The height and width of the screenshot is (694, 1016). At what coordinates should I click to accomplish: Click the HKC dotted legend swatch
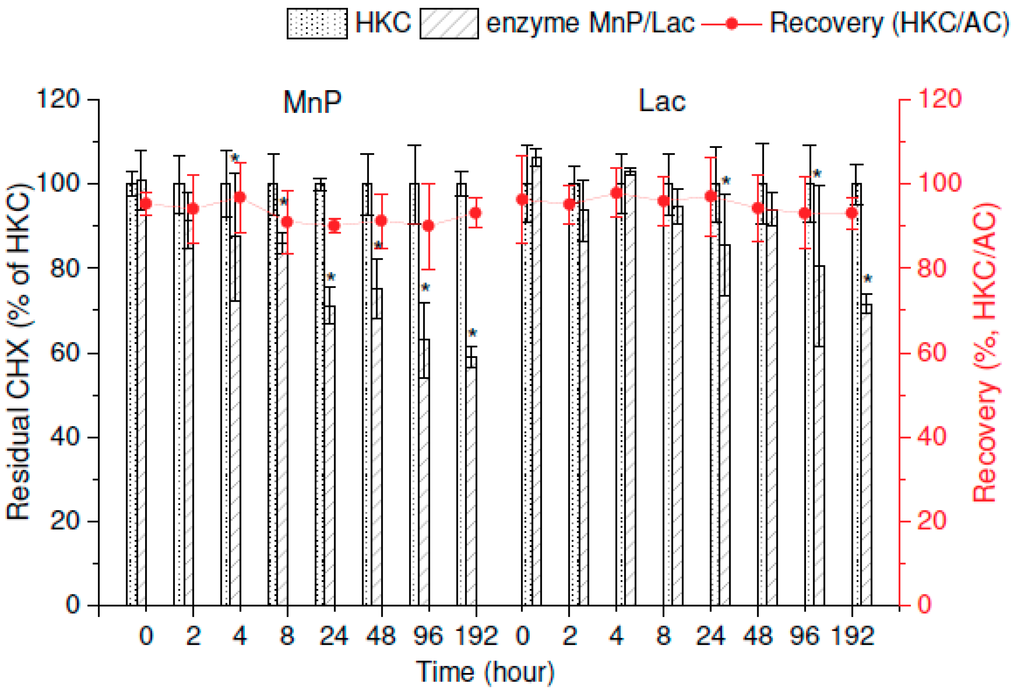(317, 23)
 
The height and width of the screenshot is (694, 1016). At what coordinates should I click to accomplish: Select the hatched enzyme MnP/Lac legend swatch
(449, 23)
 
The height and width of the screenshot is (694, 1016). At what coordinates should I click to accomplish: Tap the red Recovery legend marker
(731, 23)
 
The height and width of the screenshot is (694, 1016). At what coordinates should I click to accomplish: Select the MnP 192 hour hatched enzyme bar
(471, 481)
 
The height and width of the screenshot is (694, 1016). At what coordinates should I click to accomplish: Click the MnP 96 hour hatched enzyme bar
(424, 473)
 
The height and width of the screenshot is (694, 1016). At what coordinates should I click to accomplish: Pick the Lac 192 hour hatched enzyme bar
(866, 455)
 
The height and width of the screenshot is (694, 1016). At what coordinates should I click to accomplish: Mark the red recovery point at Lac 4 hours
(616, 193)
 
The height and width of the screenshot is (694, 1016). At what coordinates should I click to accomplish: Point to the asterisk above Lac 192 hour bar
(867, 279)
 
